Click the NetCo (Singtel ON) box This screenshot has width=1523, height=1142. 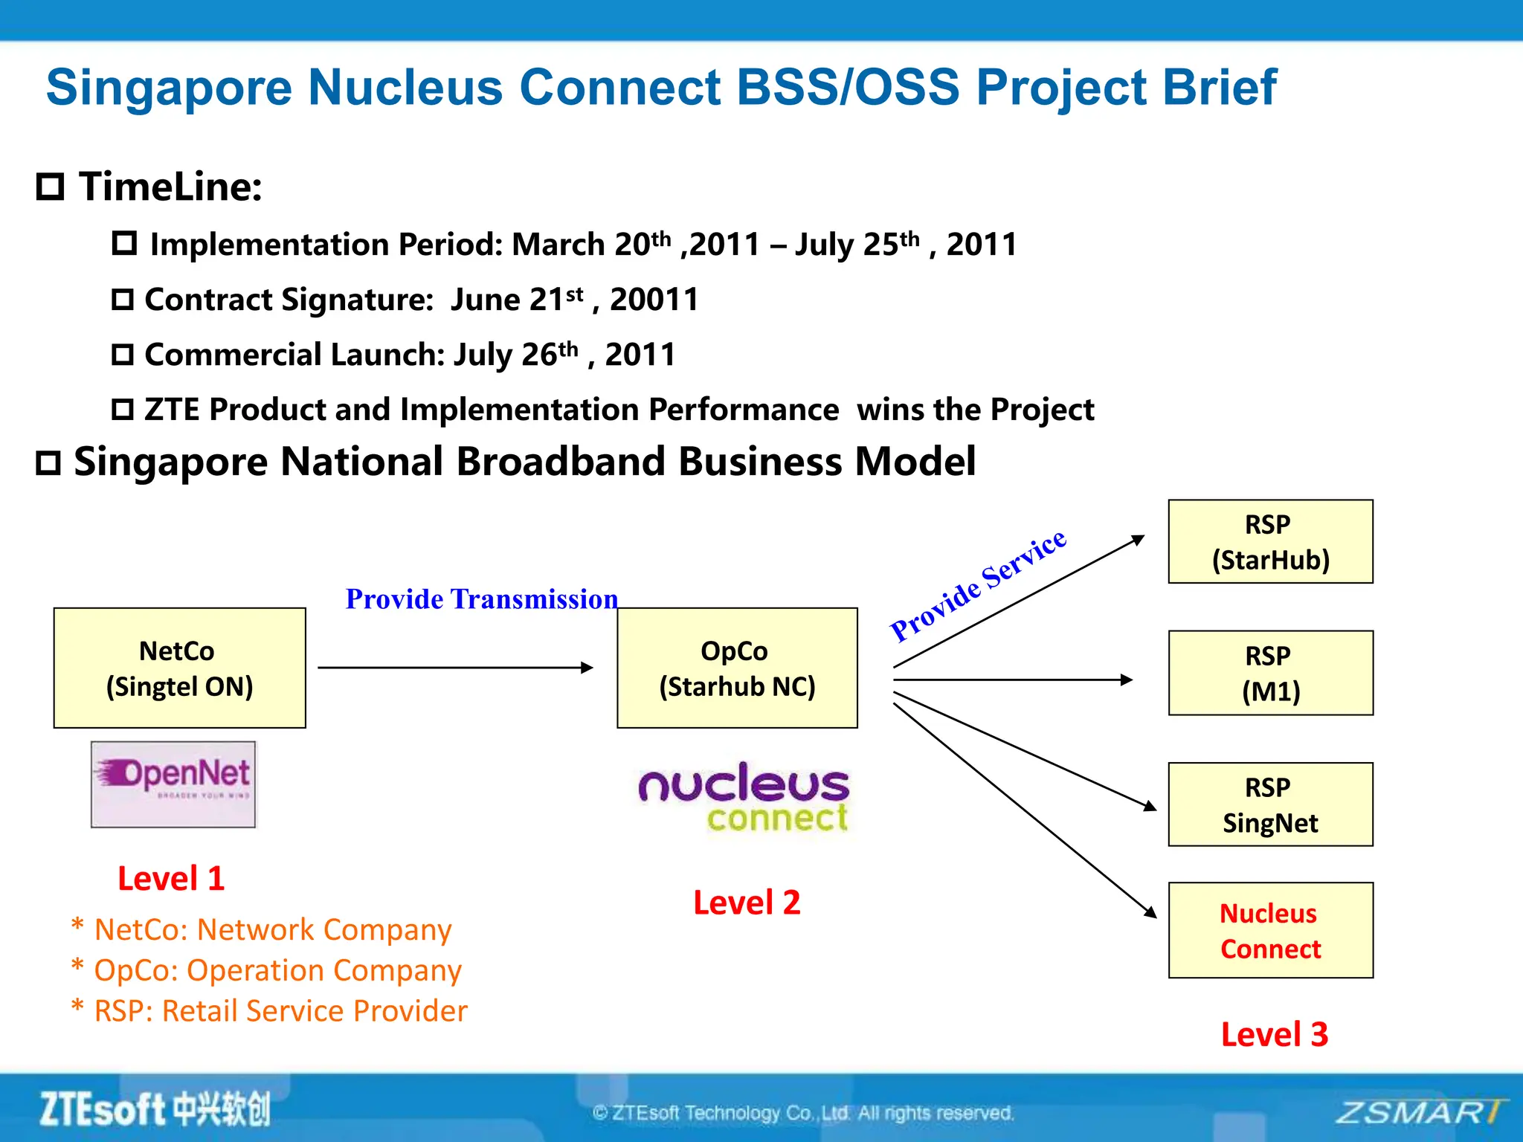point(179,668)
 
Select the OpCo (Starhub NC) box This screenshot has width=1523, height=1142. point(737,668)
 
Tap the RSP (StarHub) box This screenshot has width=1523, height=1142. point(1270,541)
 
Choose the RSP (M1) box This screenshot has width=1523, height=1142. point(1270,673)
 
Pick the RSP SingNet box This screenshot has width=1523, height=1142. point(1270,804)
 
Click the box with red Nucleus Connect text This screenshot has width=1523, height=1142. point(1270,930)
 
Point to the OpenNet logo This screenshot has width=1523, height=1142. point(173,784)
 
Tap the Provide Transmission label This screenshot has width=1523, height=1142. point(481,599)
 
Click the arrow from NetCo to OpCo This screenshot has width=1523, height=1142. point(455,668)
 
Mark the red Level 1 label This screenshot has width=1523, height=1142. point(171,879)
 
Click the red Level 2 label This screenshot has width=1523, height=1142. point(747,903)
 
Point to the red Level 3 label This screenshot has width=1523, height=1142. point(1274,1034)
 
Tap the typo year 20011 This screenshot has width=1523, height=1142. point(654,300)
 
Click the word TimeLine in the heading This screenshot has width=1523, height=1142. point(170,186)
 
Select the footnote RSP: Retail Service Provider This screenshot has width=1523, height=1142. point(280,1011)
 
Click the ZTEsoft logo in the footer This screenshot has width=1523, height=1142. point(155,1109)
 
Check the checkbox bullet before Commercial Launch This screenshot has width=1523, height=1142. point(123,355)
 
